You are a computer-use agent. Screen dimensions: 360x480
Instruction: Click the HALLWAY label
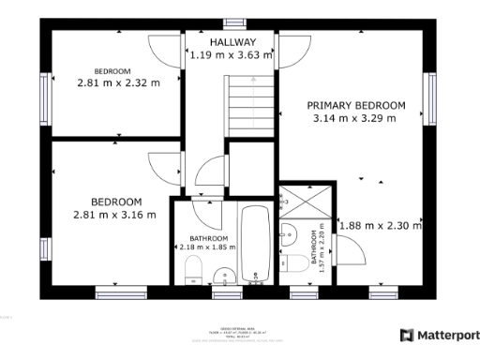[x=232, y=42]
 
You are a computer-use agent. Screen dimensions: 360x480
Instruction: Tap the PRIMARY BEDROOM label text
[x=356, y=105]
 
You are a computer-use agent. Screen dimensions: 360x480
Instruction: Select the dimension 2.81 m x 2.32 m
[x=117, y=82]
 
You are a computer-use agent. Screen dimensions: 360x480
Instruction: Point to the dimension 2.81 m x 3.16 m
[x=114, y=215]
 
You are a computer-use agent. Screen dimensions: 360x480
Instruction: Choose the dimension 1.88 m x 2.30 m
[x=380, y=225]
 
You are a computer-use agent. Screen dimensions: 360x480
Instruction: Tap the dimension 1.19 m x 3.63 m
[x=231, y=55]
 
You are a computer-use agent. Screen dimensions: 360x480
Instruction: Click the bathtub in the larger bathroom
[x=254, y=243]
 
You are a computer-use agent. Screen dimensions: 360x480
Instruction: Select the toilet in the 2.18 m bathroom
[x=192, y=272]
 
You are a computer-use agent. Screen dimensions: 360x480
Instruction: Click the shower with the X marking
[x=304, y=202]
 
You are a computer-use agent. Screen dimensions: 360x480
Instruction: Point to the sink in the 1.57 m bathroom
[x=288, y=232]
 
